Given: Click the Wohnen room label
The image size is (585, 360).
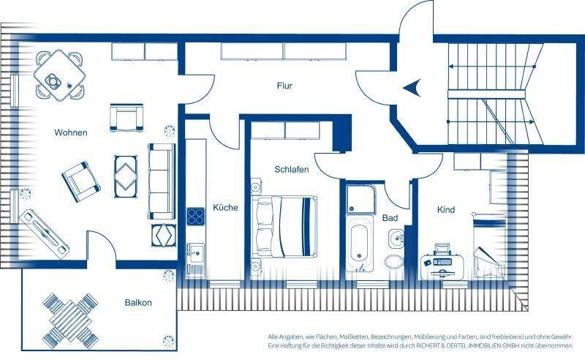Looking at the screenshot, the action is tap(71, 132).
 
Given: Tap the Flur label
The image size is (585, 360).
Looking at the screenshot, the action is tap(284, 86).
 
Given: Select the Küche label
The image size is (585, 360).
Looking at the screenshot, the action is tap(225, 207).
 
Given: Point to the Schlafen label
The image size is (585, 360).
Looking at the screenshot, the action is tap(292, 170).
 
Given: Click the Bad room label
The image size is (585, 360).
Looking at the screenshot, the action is tap(390, 218).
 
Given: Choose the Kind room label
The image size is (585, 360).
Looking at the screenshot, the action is tap(446, 210).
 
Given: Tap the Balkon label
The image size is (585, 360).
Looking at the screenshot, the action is tap(138, 302).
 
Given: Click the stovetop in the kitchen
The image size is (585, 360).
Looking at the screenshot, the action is tap(195, 217).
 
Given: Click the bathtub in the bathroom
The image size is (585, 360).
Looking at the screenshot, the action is tap(359, 243).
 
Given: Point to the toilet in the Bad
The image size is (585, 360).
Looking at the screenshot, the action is tap(393, 261).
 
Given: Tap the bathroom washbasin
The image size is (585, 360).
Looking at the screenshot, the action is tap(396, 239).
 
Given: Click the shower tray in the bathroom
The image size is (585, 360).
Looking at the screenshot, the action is tap(360, 198).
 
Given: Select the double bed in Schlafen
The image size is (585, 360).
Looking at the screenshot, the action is tap(284, 227).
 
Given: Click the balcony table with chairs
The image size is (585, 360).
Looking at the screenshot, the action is tap(70, 320).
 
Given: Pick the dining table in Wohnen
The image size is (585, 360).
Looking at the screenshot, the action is tap(59, 75).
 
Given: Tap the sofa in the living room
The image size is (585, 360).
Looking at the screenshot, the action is tap(162, 181).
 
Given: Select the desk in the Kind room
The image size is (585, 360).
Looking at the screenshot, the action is tap(442, 266).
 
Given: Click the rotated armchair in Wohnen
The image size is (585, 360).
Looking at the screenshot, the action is tap(81, 182).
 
